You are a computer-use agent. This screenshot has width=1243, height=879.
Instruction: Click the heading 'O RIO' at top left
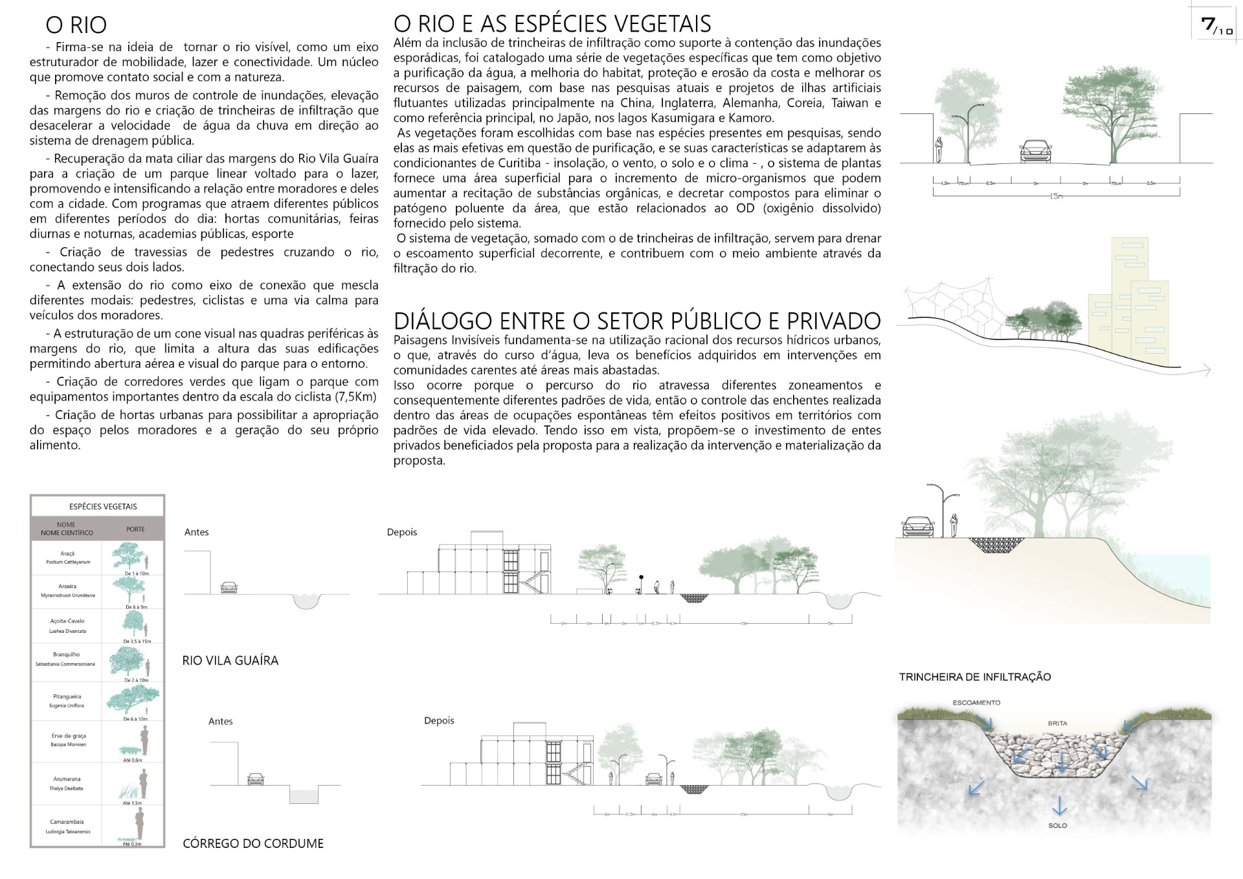pyautogui.click(x=76, y=25)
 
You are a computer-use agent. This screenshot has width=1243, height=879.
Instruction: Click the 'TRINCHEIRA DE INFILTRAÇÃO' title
pyautogui.click(x=974, y=677)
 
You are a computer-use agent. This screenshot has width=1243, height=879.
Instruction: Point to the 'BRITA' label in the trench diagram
pyautogui.click(x=1057, y=723)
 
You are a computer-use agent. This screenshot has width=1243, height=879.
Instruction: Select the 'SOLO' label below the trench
pyautogui.click(x=1058, y=826)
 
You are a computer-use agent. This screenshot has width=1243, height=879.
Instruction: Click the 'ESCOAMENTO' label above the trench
pyautogui.click(x=976, y=703)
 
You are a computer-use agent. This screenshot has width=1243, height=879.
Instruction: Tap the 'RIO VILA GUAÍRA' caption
pyautogui.click(x=230, y=661)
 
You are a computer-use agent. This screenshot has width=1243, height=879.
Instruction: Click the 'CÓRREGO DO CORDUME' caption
pyautogui.click(x=253, y=843)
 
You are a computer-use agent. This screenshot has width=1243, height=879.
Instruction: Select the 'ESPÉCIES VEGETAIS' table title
pyautogui.click(x=103, y=507)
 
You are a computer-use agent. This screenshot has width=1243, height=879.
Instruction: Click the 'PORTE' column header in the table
pyautogui.click(x=135, y=529)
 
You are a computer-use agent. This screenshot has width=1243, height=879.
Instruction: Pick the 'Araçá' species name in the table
pyautogui.click(x=67, y=554)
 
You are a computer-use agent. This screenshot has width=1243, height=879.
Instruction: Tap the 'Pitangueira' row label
pyautogui.click(x=67, y=697)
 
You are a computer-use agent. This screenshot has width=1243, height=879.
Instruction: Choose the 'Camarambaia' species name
pyautogui.click(x=67, y=822)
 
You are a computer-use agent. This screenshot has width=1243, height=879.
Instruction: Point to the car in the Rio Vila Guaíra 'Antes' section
pyautogui.click(x=229, y=588)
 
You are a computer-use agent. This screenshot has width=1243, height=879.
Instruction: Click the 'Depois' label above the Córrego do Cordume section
pyautogui.click(x=439, y=720)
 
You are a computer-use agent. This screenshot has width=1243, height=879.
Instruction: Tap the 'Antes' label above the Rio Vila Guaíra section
pyautogui.click(x=196, y=532)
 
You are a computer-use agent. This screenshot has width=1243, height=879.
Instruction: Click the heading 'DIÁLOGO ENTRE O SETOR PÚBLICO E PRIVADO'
pyautogui.click(x=637, y=321)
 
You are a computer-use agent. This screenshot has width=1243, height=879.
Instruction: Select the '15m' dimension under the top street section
pyautogui.click(x=1056, y=196)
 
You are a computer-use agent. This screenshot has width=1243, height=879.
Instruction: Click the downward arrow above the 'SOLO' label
pyautogui.click(x=1059, y=806)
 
